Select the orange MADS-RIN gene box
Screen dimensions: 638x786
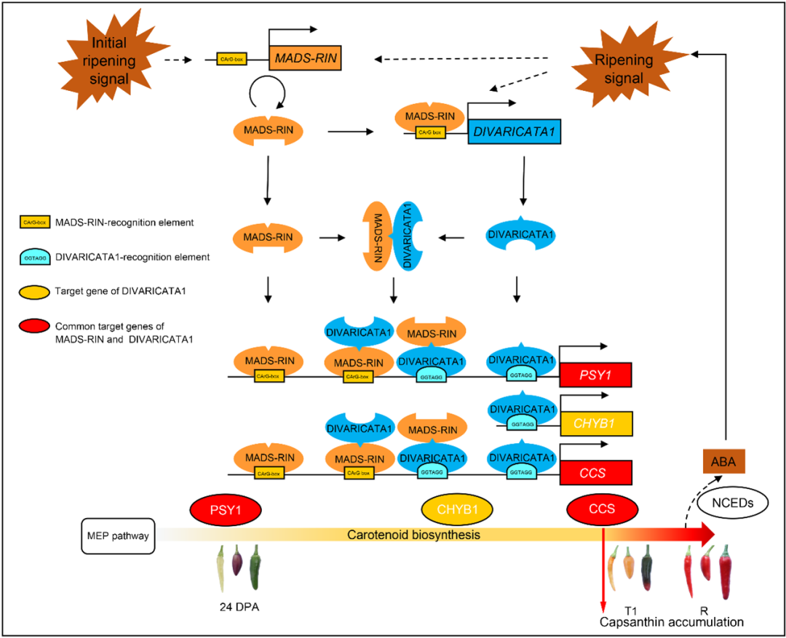click(x=305, y=57)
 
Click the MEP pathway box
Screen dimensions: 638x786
click(x=117, y=536)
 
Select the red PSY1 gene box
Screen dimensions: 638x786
click(x=594, y=375)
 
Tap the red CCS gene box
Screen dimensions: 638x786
click(x=594, y=472)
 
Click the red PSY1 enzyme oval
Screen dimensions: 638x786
click(x=225, y=509)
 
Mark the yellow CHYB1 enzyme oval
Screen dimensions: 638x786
click(x=458, y=509)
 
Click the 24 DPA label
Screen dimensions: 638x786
click(x=237, y=607)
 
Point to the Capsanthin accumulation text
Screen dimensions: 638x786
click(x=671, y=623)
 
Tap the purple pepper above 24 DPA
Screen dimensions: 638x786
click(x=237, y=564)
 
